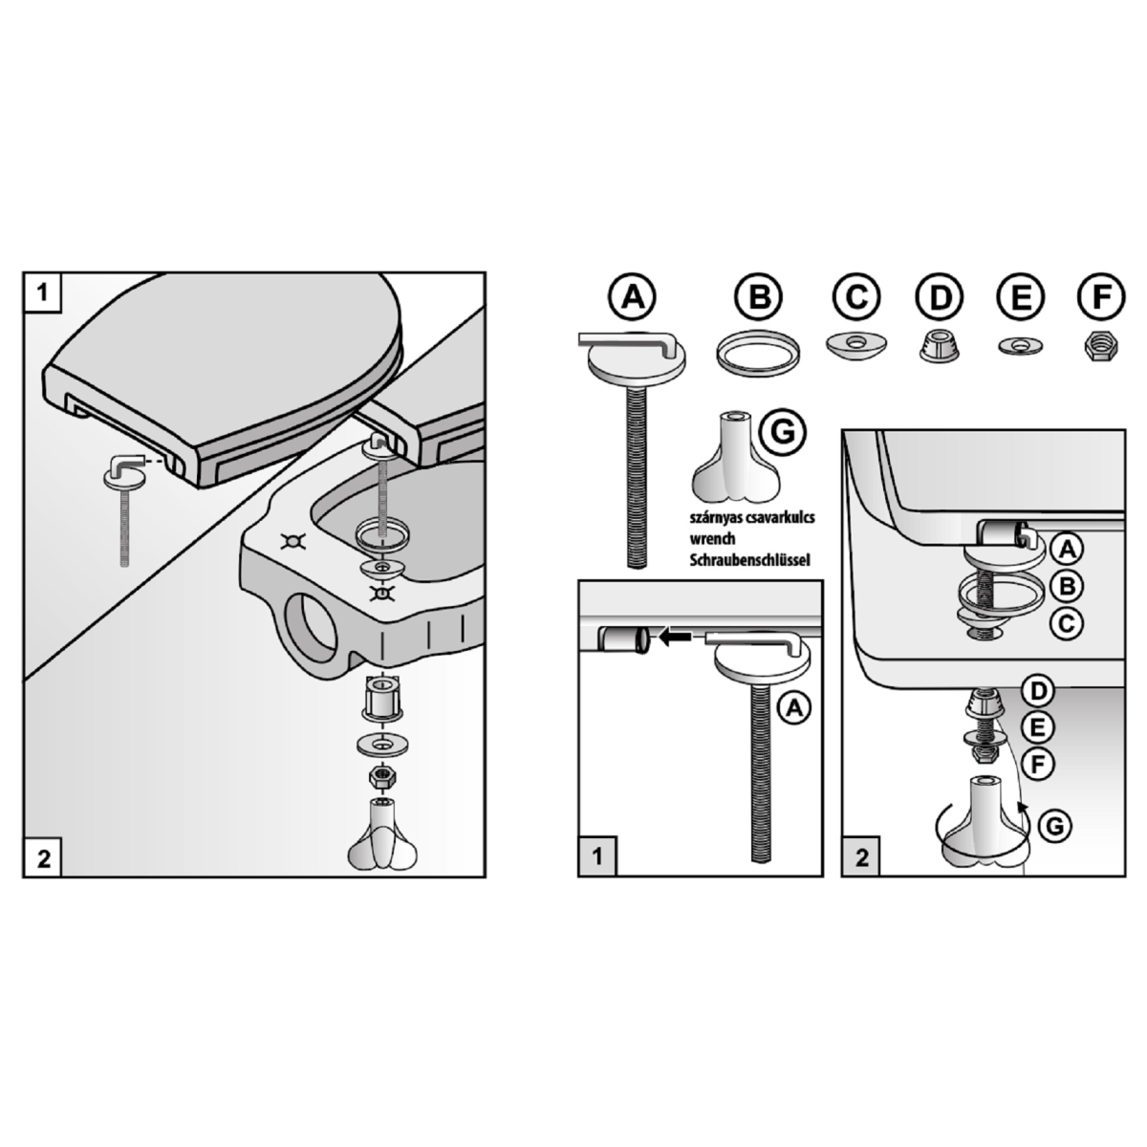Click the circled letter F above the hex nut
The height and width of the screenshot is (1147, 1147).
(x=1101, y=296)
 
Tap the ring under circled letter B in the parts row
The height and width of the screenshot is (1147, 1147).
(x=758, y=350)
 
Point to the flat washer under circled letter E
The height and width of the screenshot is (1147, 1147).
(x=1020, y=345)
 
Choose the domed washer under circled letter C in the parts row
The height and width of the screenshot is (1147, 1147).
(x=855, y=345)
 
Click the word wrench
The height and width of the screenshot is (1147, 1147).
(x=712, y=539)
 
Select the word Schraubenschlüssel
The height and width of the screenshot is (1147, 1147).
(x=750, y=560)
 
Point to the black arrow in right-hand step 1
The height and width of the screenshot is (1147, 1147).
(x=676, y=638)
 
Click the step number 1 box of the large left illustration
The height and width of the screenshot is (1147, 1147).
(x=42, y=292)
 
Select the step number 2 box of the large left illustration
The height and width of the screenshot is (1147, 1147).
(x=43, y=858)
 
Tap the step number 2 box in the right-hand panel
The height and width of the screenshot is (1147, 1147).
(x=861, y=857)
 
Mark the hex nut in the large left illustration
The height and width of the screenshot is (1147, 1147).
(x=380, y=776)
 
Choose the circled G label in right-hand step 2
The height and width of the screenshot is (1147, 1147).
(x=1054, y=826)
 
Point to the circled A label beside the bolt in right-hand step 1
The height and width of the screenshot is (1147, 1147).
(x=794, y=707)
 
